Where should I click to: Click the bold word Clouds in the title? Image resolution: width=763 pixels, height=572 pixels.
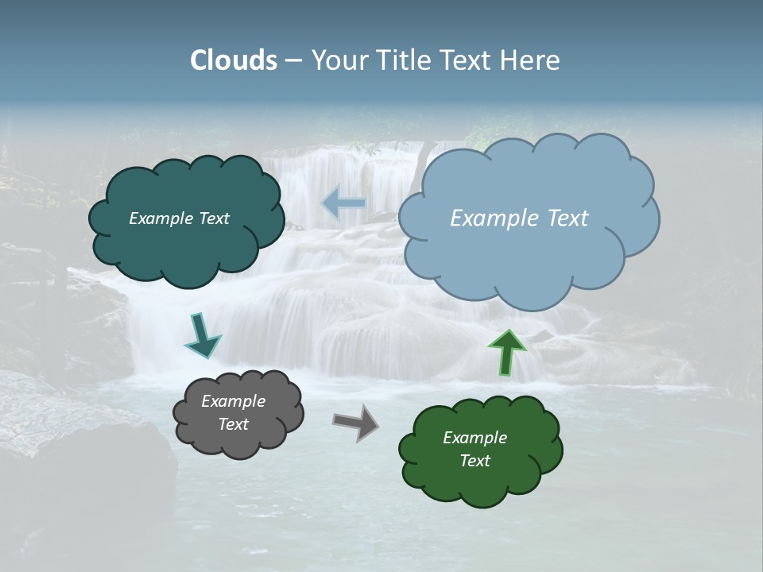[233, 60]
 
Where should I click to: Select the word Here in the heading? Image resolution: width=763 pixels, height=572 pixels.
[531, 60]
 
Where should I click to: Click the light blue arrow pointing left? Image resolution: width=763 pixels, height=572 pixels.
[343, 204]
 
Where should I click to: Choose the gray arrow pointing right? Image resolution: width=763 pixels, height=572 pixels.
[355, 422]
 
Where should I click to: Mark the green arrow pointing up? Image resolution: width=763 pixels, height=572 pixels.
[507, 351]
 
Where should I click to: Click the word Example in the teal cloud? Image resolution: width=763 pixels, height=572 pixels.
[161, 218]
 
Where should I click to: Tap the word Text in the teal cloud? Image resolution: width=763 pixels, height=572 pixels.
[214, 218]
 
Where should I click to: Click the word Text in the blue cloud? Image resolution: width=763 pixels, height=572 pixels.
[567, 218]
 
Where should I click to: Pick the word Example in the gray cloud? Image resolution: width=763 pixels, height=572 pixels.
[233, 401]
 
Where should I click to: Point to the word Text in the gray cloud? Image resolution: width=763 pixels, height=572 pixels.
[233, 424]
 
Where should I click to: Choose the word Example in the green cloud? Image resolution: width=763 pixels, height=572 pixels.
[474, 438]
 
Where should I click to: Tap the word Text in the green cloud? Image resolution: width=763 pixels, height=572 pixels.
[474, 461]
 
